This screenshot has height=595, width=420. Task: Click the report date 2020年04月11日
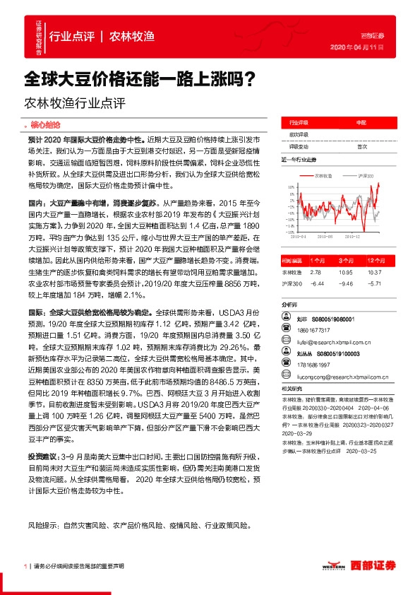click(356, 47)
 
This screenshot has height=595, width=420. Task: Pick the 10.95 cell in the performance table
click(344, 271)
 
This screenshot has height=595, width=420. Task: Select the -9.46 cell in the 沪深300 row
click(344, 283)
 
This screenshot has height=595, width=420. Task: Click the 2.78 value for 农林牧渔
click(315, 271)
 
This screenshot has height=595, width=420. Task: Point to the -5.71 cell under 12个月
click(375, 283)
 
